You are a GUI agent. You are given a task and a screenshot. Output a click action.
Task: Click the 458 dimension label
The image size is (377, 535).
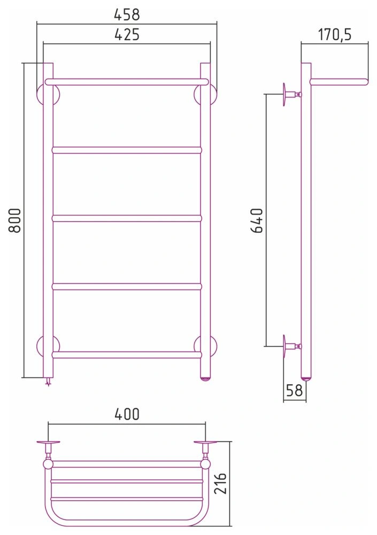tap(127, 14)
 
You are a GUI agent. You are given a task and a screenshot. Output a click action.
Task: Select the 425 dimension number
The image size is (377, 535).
tap(127, 34)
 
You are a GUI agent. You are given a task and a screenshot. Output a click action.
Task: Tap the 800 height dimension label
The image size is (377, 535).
tap(15, 220)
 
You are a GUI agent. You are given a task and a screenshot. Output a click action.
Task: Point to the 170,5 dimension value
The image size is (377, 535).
tap(335, 34)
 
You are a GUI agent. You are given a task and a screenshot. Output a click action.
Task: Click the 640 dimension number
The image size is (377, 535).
tap(257, 220)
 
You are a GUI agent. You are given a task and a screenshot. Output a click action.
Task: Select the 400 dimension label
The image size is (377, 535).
tap(127, 414)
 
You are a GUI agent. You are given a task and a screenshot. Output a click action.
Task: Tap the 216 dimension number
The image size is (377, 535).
tap(220, 484)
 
